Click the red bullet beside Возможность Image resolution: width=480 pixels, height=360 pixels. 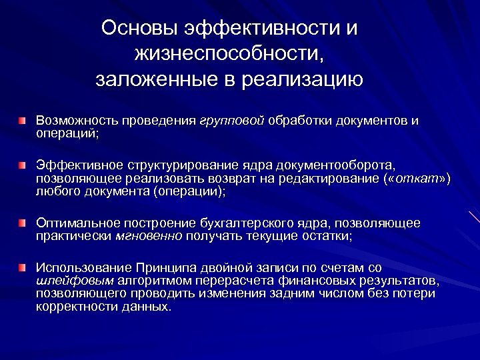point(23,121)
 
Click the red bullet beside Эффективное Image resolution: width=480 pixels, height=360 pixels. point(23,165)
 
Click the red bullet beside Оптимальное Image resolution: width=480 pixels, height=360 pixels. point(23,222)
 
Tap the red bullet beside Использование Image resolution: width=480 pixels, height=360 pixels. point(23,266)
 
